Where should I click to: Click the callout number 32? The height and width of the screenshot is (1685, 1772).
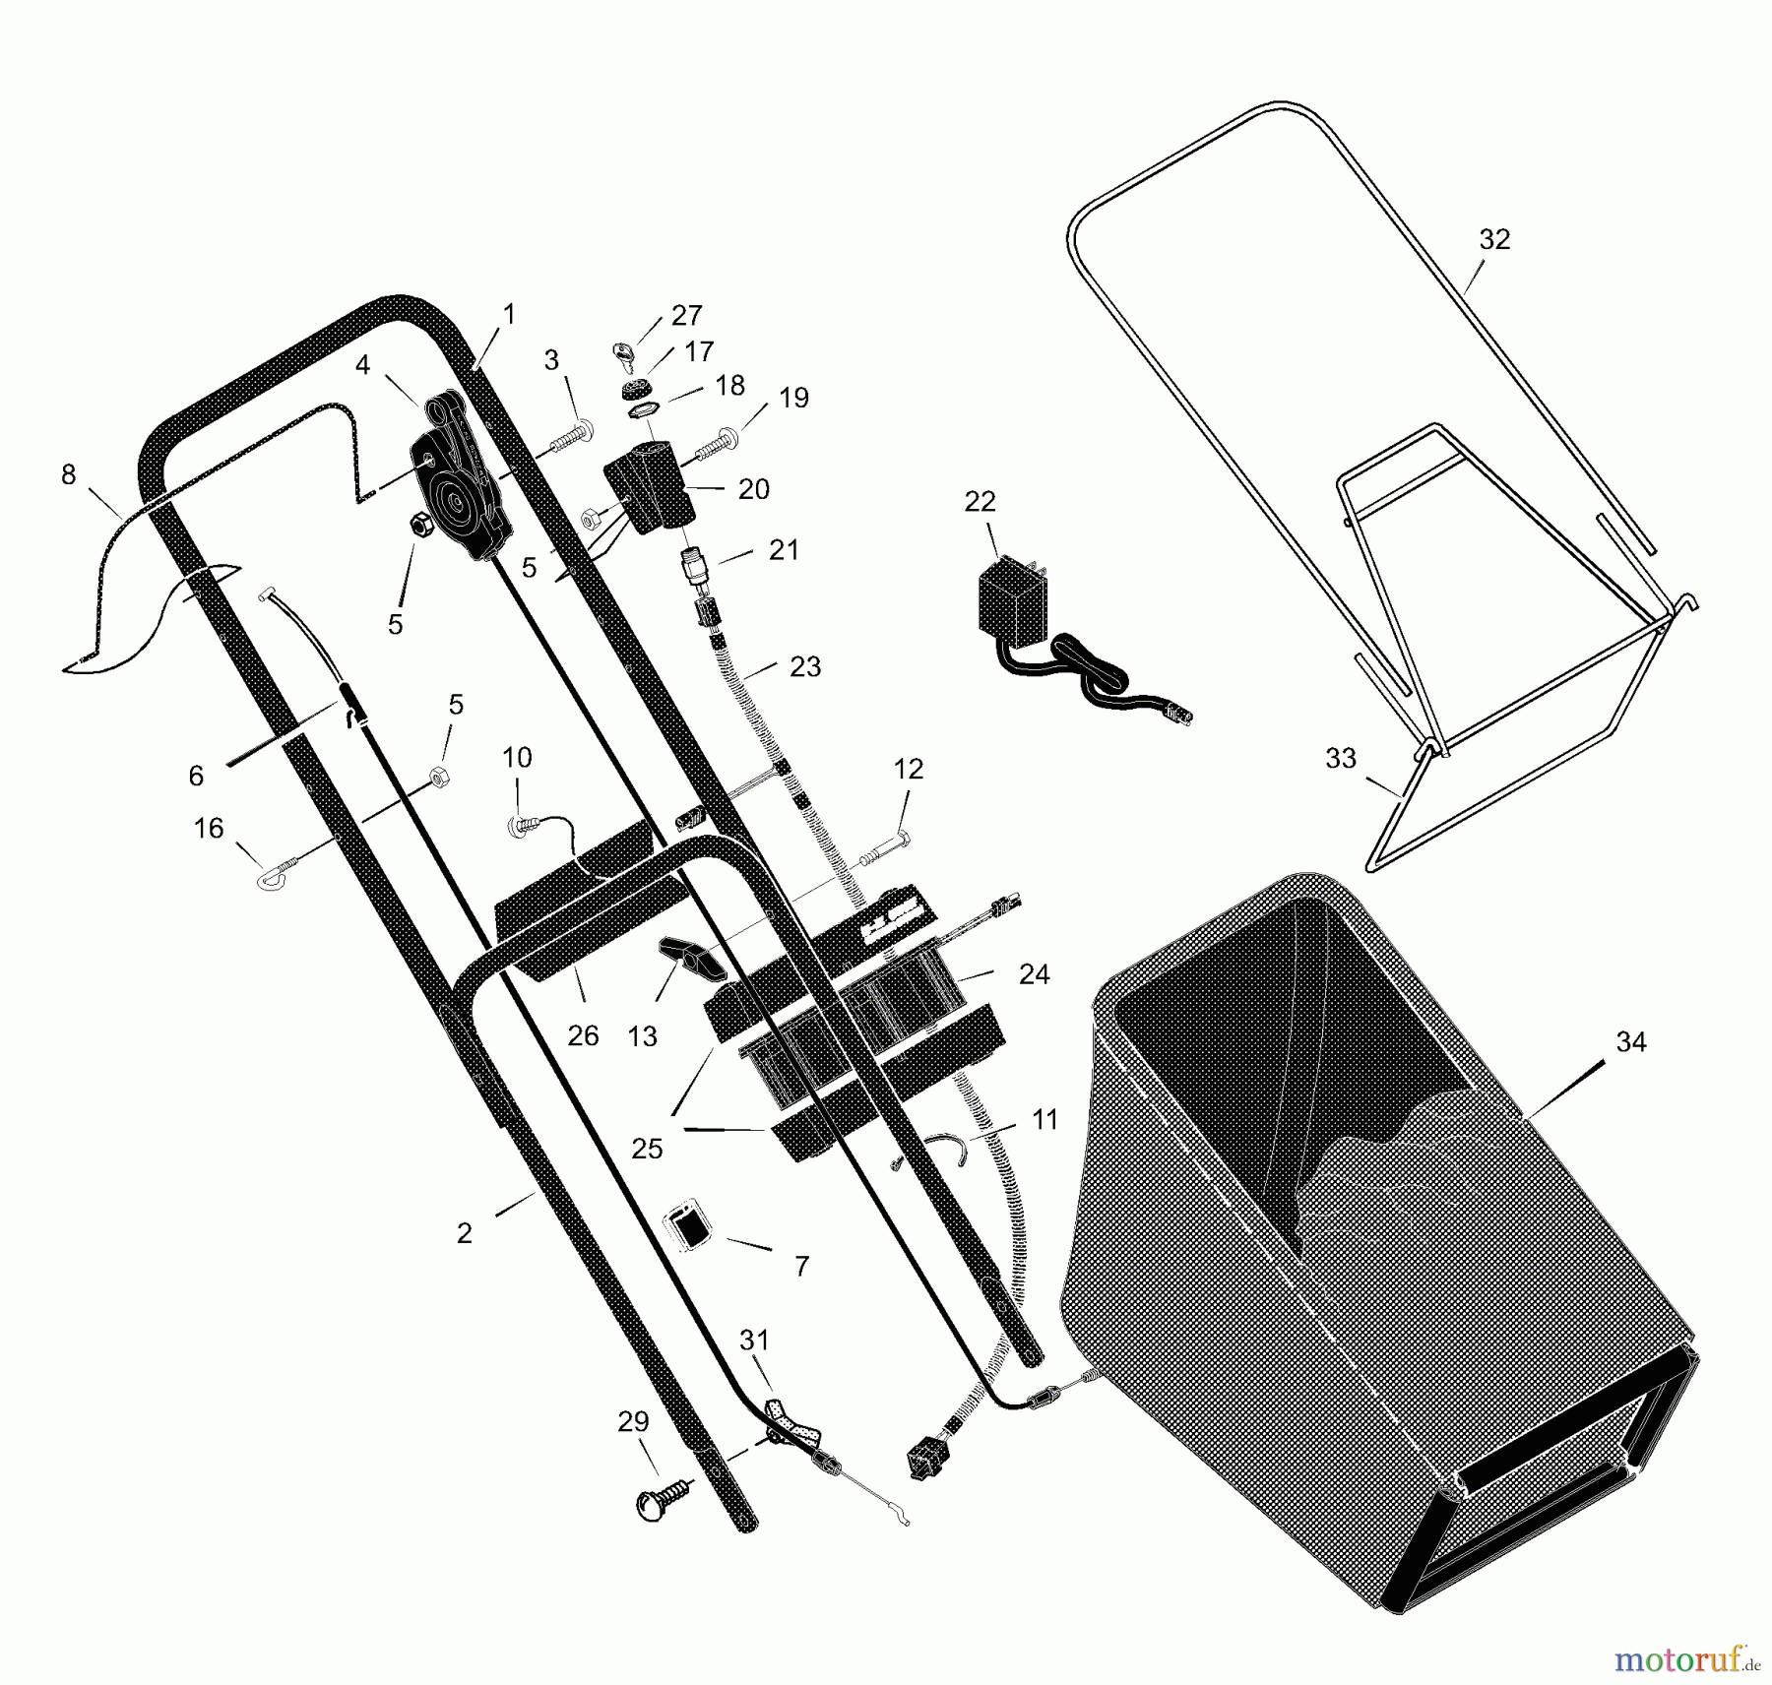tap(1494, 239)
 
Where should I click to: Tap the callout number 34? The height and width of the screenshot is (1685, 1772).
tap(1631, 1041)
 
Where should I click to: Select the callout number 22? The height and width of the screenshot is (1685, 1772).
tap(980, 501)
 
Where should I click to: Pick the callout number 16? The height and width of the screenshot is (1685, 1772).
tap(209, 828)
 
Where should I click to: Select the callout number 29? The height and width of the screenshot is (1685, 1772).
tap(633, 1421)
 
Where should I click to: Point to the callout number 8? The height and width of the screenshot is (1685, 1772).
tap(68, 474)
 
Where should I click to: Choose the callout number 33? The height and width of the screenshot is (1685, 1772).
tap(1341, 758)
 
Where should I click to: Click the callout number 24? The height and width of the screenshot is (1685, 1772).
tap(1034, 973)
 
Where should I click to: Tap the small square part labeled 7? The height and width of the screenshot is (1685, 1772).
tap(688, 1226)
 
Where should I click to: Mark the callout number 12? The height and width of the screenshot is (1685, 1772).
tap(908, 769)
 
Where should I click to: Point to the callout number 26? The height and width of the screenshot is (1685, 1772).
tap(583, 1035)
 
